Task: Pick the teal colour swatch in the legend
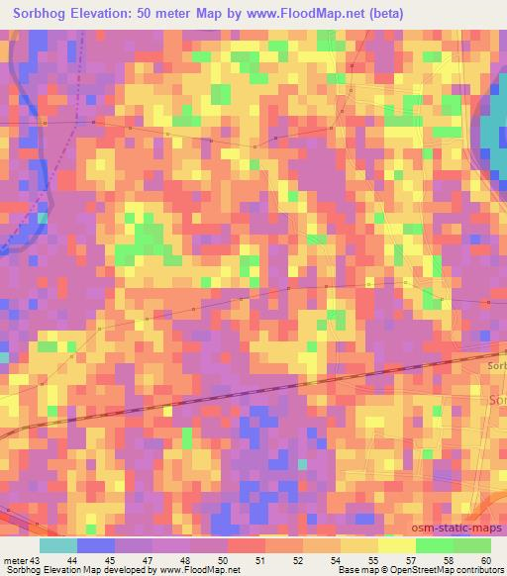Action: (58, 544)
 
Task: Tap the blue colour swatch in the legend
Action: (96, 544)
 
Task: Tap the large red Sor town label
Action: (498, 399)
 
